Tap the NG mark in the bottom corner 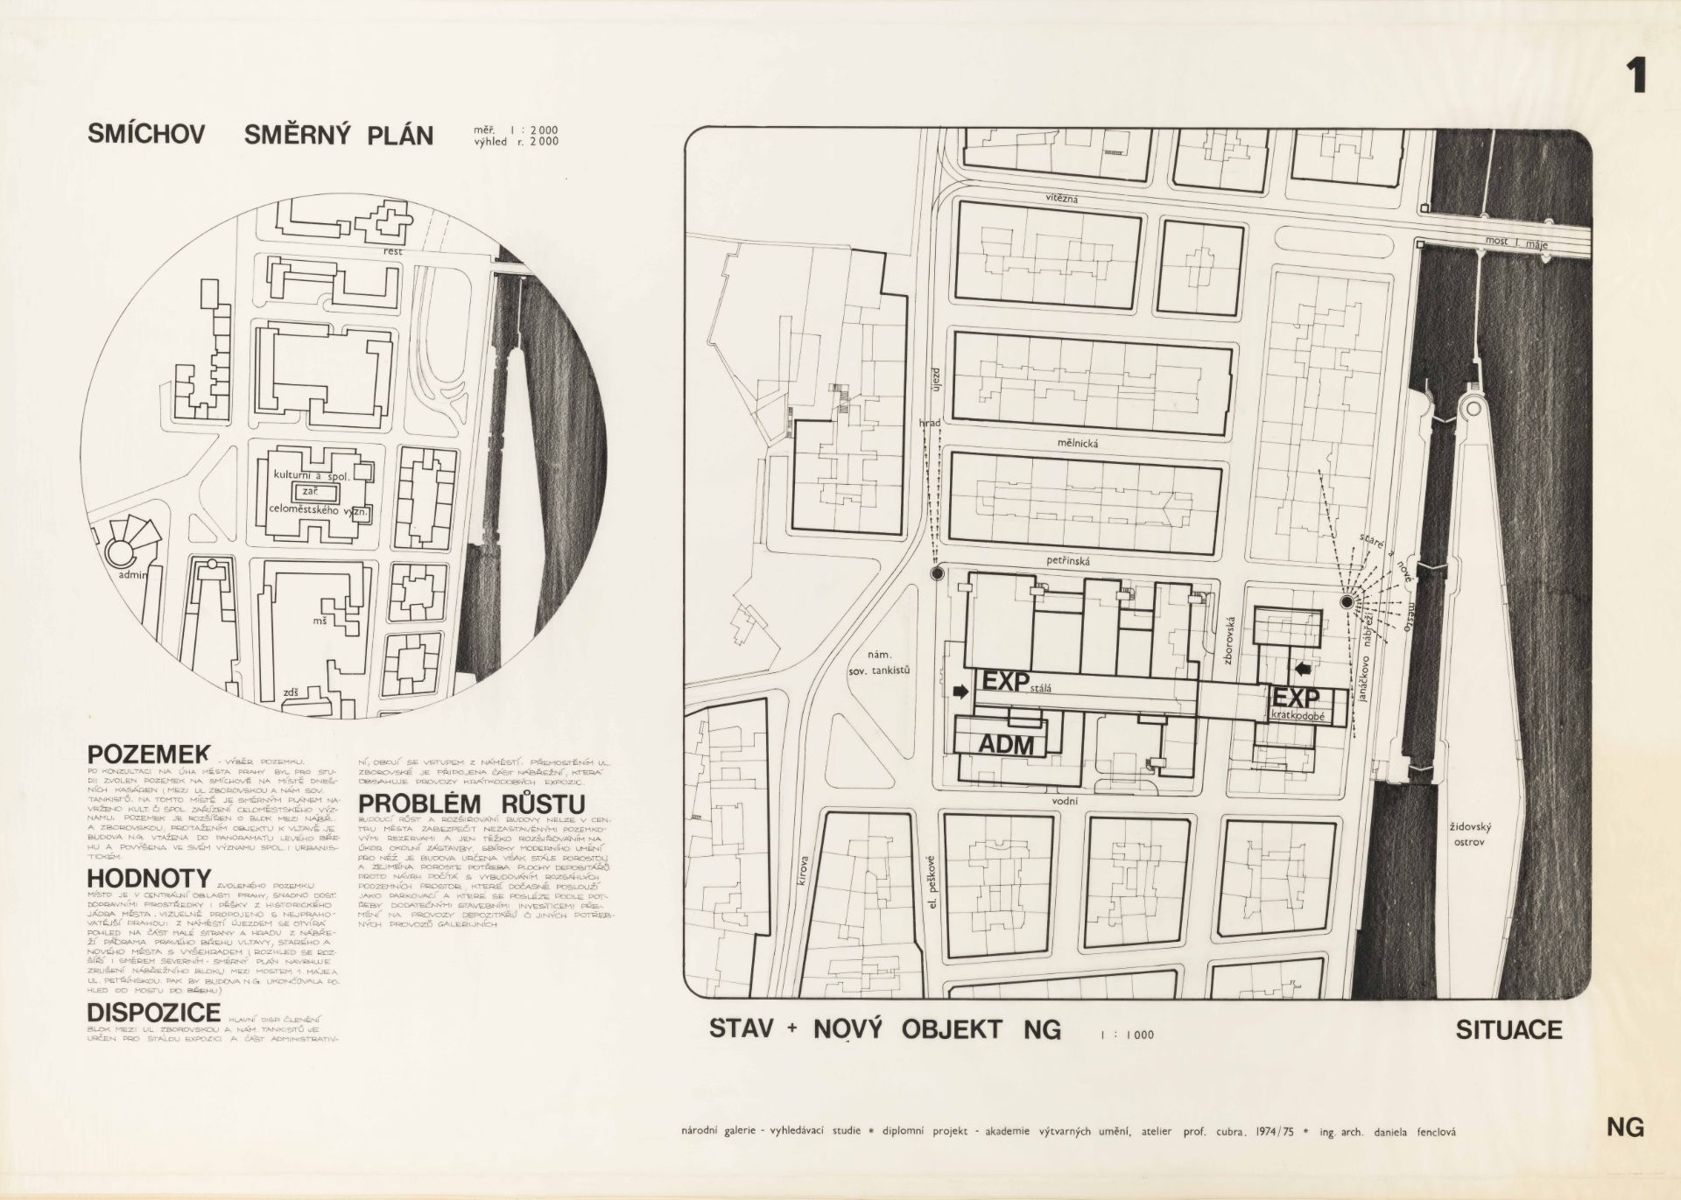pos(1625,1128)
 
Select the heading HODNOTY pos(149,877)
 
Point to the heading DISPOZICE pos(153,1012)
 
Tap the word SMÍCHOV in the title pos(146,134)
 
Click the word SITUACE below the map pos(1509,1029)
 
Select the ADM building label pos(1006,744)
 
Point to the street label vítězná pos(1061,200)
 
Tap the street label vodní pos(1066,801)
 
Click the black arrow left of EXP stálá pos(961,691)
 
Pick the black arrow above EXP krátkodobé pos(1303,670)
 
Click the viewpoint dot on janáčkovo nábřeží pos(1347,601)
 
